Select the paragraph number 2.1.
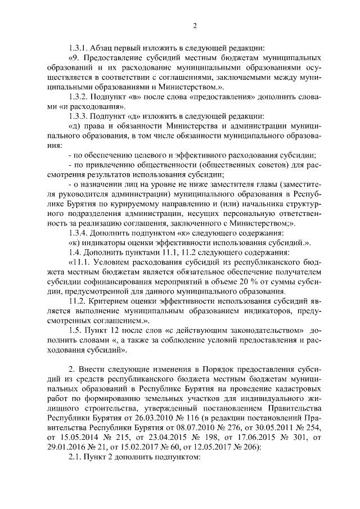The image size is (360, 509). click(x=73, y=458)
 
